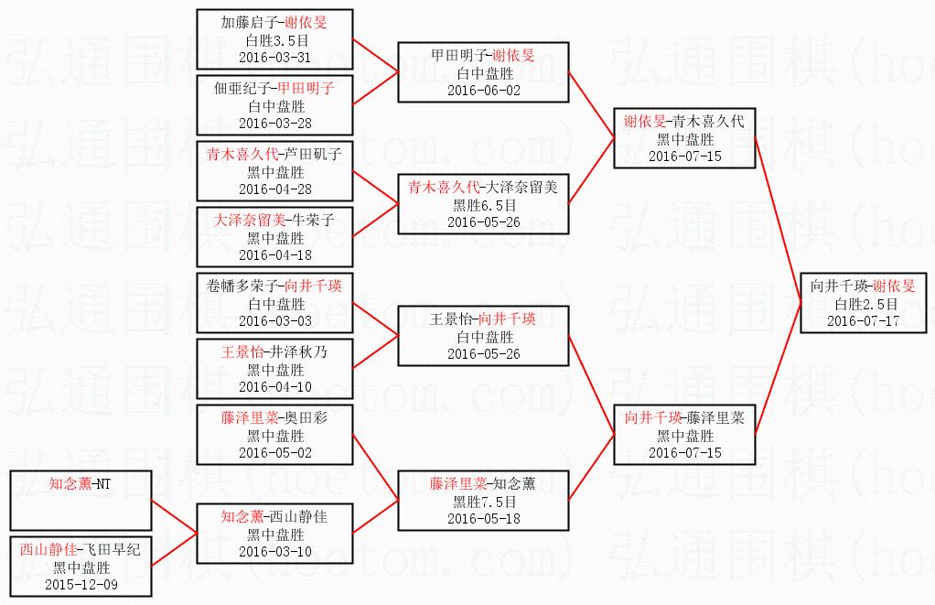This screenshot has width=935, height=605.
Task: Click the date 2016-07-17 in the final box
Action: (x=864, y=321)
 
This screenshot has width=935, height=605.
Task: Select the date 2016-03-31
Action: (x=274, y=57)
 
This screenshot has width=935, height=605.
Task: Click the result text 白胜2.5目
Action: (x=865, y=304)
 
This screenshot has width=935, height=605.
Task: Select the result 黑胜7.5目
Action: (x=484, y=502)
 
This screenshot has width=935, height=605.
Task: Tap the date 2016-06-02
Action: (x=483, y=90)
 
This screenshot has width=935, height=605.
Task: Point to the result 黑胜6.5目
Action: (x=484, y=204)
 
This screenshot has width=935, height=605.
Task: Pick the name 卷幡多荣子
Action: (x=245, y=286)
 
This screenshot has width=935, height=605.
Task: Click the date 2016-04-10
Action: (x=274, y=387)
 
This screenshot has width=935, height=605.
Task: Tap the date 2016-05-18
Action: (x=483, y=519)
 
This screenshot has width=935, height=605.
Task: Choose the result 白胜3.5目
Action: (x=274, y=39)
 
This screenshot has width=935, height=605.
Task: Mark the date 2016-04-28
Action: (x=274, y=189)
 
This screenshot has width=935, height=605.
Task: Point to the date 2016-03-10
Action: (x=274, y=551)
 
